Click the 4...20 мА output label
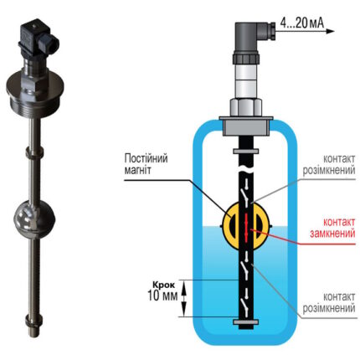[x=302, y=23]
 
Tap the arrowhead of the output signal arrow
[x=331, y=31]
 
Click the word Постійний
[x=146, y=158]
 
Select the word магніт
[x=137, y=170]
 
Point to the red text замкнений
[x=332, y=234]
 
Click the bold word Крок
[x=163, y=285]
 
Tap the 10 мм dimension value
[x=162, y=296]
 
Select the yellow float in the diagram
[x=246, y=225]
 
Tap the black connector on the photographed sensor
[x=37, y=39]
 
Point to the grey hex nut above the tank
[x=245, y=107]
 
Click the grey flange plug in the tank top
[x=245, y=126]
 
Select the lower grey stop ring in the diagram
[x=245, y=322]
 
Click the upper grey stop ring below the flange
[x=245, y=152]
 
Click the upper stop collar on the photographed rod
[x=34, y=152]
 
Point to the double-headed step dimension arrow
[x=183, y=298]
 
